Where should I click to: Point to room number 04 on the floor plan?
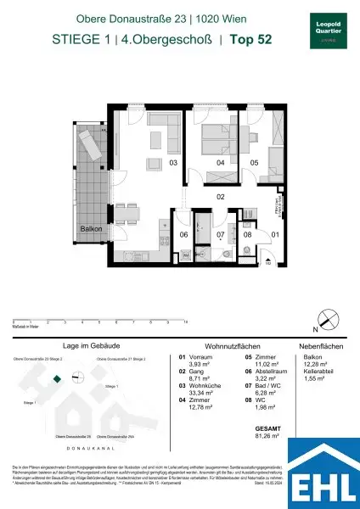[220, 161]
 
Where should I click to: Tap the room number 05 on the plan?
[253, 161]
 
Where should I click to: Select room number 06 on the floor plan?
[183, 234]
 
